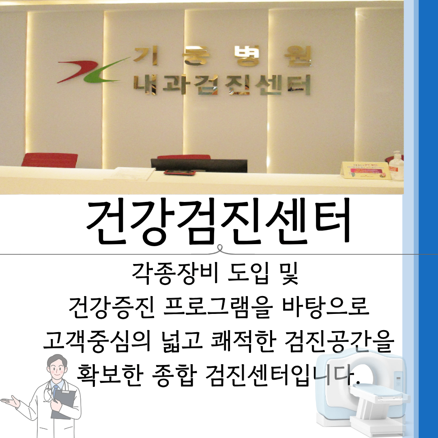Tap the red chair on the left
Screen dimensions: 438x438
click(49, 160)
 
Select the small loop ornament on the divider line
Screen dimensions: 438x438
click(219, 249)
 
